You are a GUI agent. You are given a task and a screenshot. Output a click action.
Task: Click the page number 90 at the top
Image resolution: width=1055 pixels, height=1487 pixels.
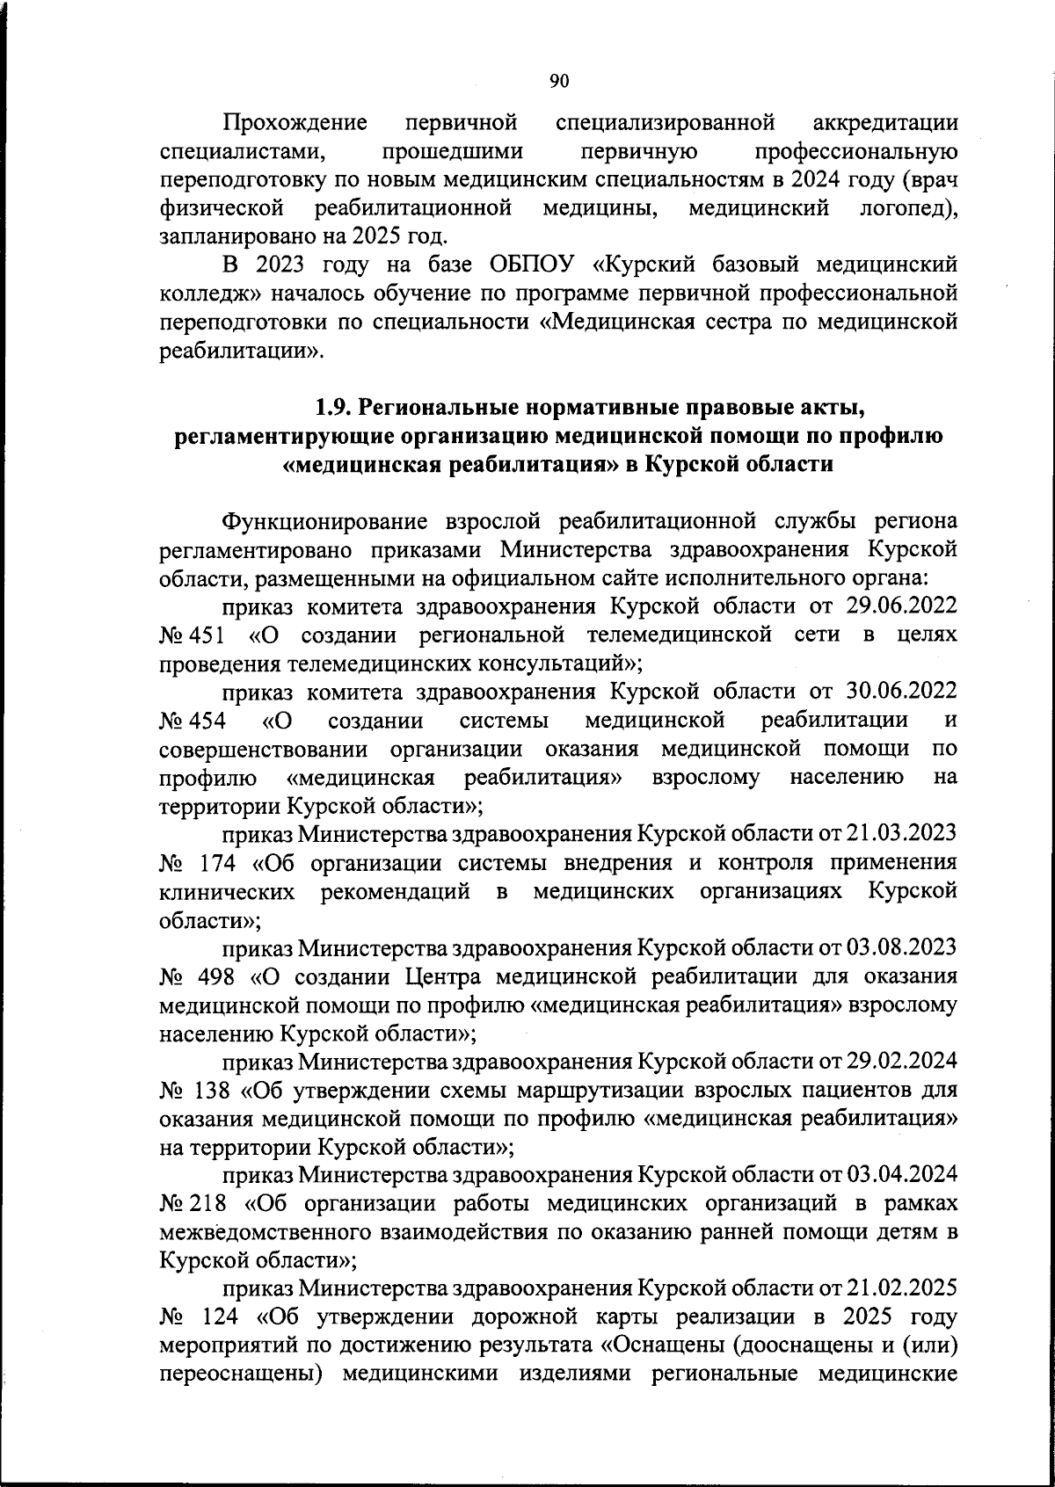coord(559,82)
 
